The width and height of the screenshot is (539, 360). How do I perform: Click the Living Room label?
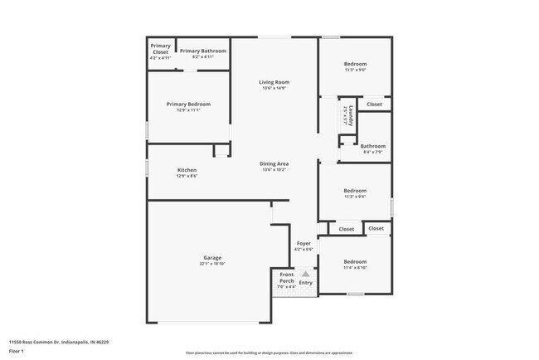(x=274, y=82)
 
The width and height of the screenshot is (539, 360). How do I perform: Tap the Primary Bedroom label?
(x=188, y=105)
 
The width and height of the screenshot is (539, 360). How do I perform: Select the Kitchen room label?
(x=187, y=170)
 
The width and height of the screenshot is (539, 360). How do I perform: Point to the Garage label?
(x=212, y=257)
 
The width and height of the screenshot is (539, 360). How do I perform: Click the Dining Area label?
(x=274, y=164)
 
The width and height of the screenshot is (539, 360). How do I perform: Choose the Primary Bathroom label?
(x=202, y=51)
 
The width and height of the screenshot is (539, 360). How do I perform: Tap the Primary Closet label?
(x=160, y=49)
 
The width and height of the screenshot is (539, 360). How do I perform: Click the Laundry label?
(x=352, y=114)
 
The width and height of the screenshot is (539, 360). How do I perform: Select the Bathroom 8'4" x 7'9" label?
(x=372, y=147)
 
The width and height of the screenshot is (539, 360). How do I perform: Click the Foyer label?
(x=303, y=244)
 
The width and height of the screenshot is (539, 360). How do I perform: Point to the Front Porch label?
(x=286, y=278)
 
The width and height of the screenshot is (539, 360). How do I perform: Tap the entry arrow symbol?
(x=305, y=273)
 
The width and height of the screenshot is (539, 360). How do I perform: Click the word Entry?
(x=306, y=283)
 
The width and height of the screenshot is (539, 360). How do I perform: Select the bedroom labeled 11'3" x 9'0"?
(x=355, y=64)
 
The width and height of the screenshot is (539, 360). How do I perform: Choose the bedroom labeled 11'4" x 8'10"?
(x=355, y=261)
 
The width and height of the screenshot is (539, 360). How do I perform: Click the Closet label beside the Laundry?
(x=374, y=105)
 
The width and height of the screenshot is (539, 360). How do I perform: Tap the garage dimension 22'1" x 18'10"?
(x=212, y=264)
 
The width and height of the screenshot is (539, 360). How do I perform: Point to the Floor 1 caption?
(x=17, y=351)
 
